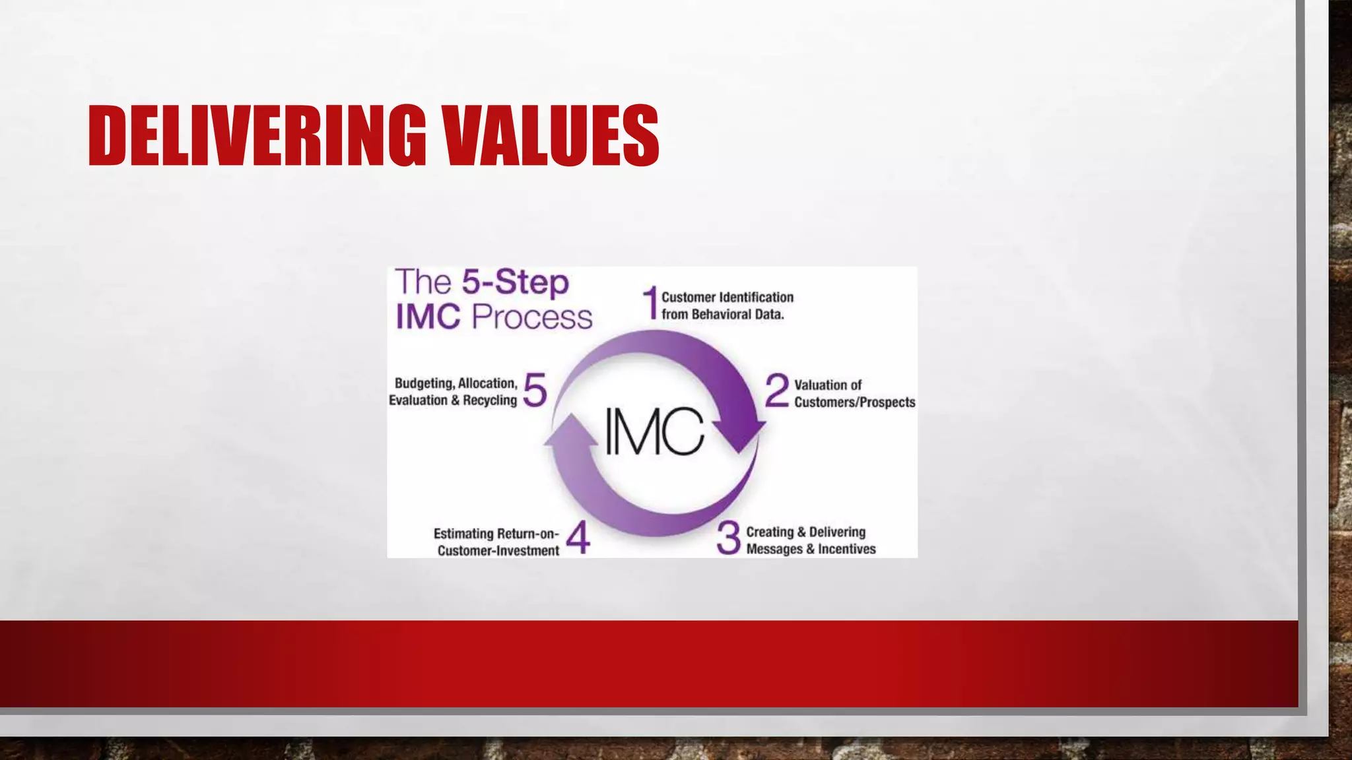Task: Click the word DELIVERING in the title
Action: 257,136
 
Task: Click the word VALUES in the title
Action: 551,136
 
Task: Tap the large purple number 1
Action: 651,303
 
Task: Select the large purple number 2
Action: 777,391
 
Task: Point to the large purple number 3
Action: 729,538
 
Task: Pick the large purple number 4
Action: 578,538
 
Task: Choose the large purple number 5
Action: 535,390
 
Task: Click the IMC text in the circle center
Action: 655,431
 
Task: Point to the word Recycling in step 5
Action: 490,400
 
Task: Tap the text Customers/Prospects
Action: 854,402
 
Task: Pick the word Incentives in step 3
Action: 847,549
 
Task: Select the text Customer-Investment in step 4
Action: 498,551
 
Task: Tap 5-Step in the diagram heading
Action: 515,282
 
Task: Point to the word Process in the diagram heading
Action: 532,317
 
